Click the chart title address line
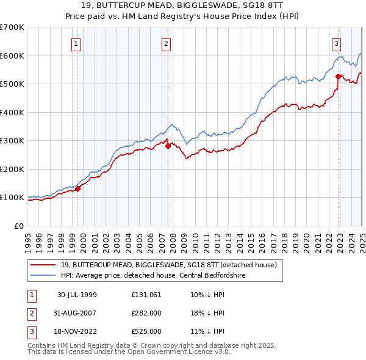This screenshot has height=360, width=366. click(x=183, y=5)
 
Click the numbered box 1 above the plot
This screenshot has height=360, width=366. click(x=76, y=43)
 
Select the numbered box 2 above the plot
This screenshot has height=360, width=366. click(x=166, y=43)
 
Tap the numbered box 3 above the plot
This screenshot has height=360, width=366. click(x=336, y=43)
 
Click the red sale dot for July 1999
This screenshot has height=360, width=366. click(x=78, y=189)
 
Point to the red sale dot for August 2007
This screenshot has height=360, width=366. click(x=168, y=146)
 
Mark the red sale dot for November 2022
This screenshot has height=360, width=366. click(x=338, y=76)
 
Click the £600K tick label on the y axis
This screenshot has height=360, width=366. click(x=12, y=56)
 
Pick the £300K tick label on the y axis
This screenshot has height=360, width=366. click(x=12, y=141)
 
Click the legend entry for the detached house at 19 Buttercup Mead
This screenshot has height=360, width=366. click(x=169, y=265)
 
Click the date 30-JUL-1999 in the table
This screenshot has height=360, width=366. click(x=77, y=294)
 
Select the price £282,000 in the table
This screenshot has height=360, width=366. click(x=146, y=313)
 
